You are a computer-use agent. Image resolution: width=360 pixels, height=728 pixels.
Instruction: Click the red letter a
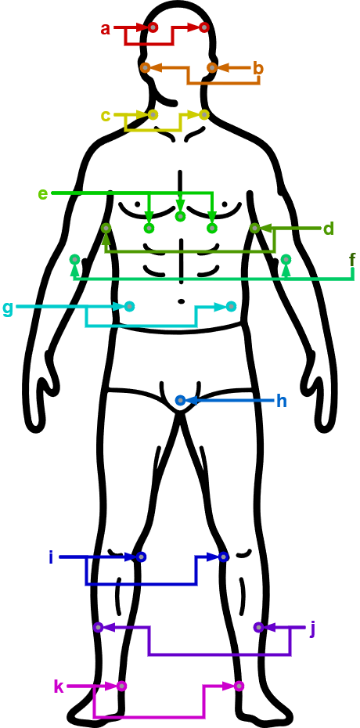[x=106, y=29]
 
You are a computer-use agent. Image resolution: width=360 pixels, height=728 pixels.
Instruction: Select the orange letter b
[x=258, y=68]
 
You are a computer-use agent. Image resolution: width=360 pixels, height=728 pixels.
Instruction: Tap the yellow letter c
[x=106, y=116]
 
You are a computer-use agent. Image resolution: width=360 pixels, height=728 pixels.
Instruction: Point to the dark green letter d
[x=329, y=229]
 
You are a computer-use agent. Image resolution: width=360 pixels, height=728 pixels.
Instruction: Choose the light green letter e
[x=43, y=193]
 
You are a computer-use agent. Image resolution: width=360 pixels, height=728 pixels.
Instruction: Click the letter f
[x=353, y=261]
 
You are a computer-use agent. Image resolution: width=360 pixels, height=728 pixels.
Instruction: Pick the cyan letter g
[x=8, y=308]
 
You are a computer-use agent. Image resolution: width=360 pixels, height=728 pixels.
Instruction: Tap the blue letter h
[x=282, y=401]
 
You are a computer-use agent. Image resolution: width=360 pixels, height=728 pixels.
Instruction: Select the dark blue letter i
[x=51, y=557]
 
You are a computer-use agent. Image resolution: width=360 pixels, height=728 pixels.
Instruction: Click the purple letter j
[x=313, y=629]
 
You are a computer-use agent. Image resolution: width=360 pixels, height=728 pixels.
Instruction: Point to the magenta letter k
[x=59, y=687]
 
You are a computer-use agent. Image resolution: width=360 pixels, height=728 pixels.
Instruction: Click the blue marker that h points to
[x=181, y=400]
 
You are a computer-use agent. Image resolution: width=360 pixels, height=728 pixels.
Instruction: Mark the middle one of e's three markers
[x=181, y=216]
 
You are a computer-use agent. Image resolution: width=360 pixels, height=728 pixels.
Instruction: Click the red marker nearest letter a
[x=153, y=28]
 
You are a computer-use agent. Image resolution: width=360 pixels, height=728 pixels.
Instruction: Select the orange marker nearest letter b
[x=212, y=68]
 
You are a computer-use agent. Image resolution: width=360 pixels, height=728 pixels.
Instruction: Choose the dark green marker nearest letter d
[x=254, y=228]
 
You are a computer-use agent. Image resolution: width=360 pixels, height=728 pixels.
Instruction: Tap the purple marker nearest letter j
[x=259, y=627]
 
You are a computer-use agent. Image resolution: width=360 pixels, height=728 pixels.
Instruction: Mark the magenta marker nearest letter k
[x=121, y=686]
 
